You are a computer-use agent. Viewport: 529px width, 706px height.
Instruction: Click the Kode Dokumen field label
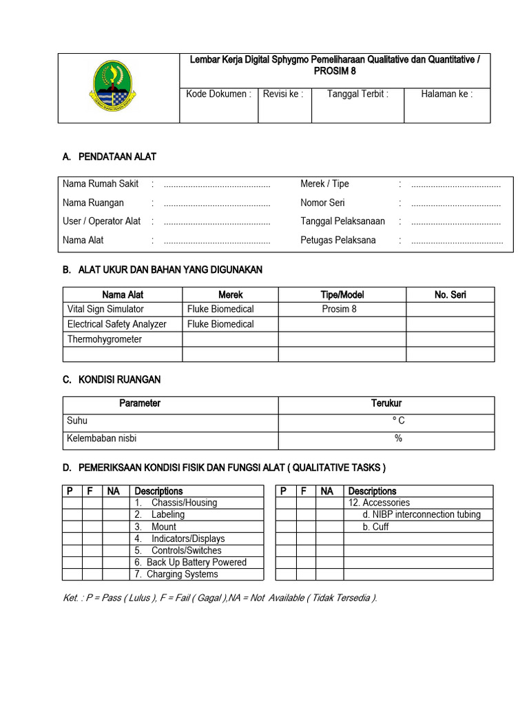[218, 94]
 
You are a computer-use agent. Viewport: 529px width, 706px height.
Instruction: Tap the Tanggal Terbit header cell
[357, 94]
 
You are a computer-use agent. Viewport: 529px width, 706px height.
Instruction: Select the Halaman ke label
[446, 94]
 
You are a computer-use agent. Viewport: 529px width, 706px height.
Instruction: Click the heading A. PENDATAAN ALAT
[109, 157]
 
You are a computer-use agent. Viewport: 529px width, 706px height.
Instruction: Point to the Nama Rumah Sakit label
[101, 184]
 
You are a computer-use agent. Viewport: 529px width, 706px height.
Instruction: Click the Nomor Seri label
[322, 203]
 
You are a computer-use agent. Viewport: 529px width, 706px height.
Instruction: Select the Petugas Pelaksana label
[338, 240]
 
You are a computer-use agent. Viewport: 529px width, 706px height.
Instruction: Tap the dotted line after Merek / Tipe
[455, 185]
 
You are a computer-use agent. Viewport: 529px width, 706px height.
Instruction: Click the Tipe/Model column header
[342, 294]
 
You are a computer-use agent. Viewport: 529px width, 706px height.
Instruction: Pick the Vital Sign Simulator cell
[105, 309]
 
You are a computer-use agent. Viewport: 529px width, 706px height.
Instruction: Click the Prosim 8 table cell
[340, 309]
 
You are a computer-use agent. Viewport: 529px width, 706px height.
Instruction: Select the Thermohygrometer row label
[105, 339]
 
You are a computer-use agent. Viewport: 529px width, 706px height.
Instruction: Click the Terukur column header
[386, 403]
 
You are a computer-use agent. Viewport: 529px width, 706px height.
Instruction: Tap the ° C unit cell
[398, 421]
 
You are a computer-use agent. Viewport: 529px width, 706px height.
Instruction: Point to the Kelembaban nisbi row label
[106, 438]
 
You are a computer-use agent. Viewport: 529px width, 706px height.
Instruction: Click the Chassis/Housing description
[183, 503]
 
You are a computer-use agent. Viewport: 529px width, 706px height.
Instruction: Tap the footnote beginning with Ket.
[220, 598]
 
